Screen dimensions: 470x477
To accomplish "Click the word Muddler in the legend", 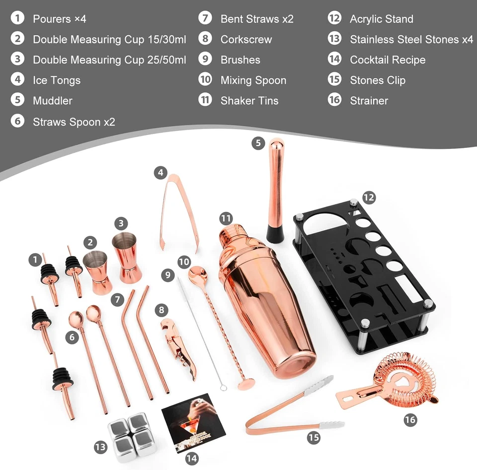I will coord(52,101).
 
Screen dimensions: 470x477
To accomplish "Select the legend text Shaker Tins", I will coord(249,101).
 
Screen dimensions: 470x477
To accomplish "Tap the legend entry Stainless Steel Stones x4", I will coord(411,39).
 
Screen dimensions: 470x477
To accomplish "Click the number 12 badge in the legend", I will coord(334,19).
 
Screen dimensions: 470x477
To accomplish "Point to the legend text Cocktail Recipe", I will coord(388,60).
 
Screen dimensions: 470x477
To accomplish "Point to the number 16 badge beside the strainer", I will coord(410,420).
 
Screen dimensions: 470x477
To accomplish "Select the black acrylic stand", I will coord(363,278).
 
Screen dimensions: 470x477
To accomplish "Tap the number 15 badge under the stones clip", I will coord(313,438).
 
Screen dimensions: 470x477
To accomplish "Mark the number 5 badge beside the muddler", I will coord(257,143).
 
